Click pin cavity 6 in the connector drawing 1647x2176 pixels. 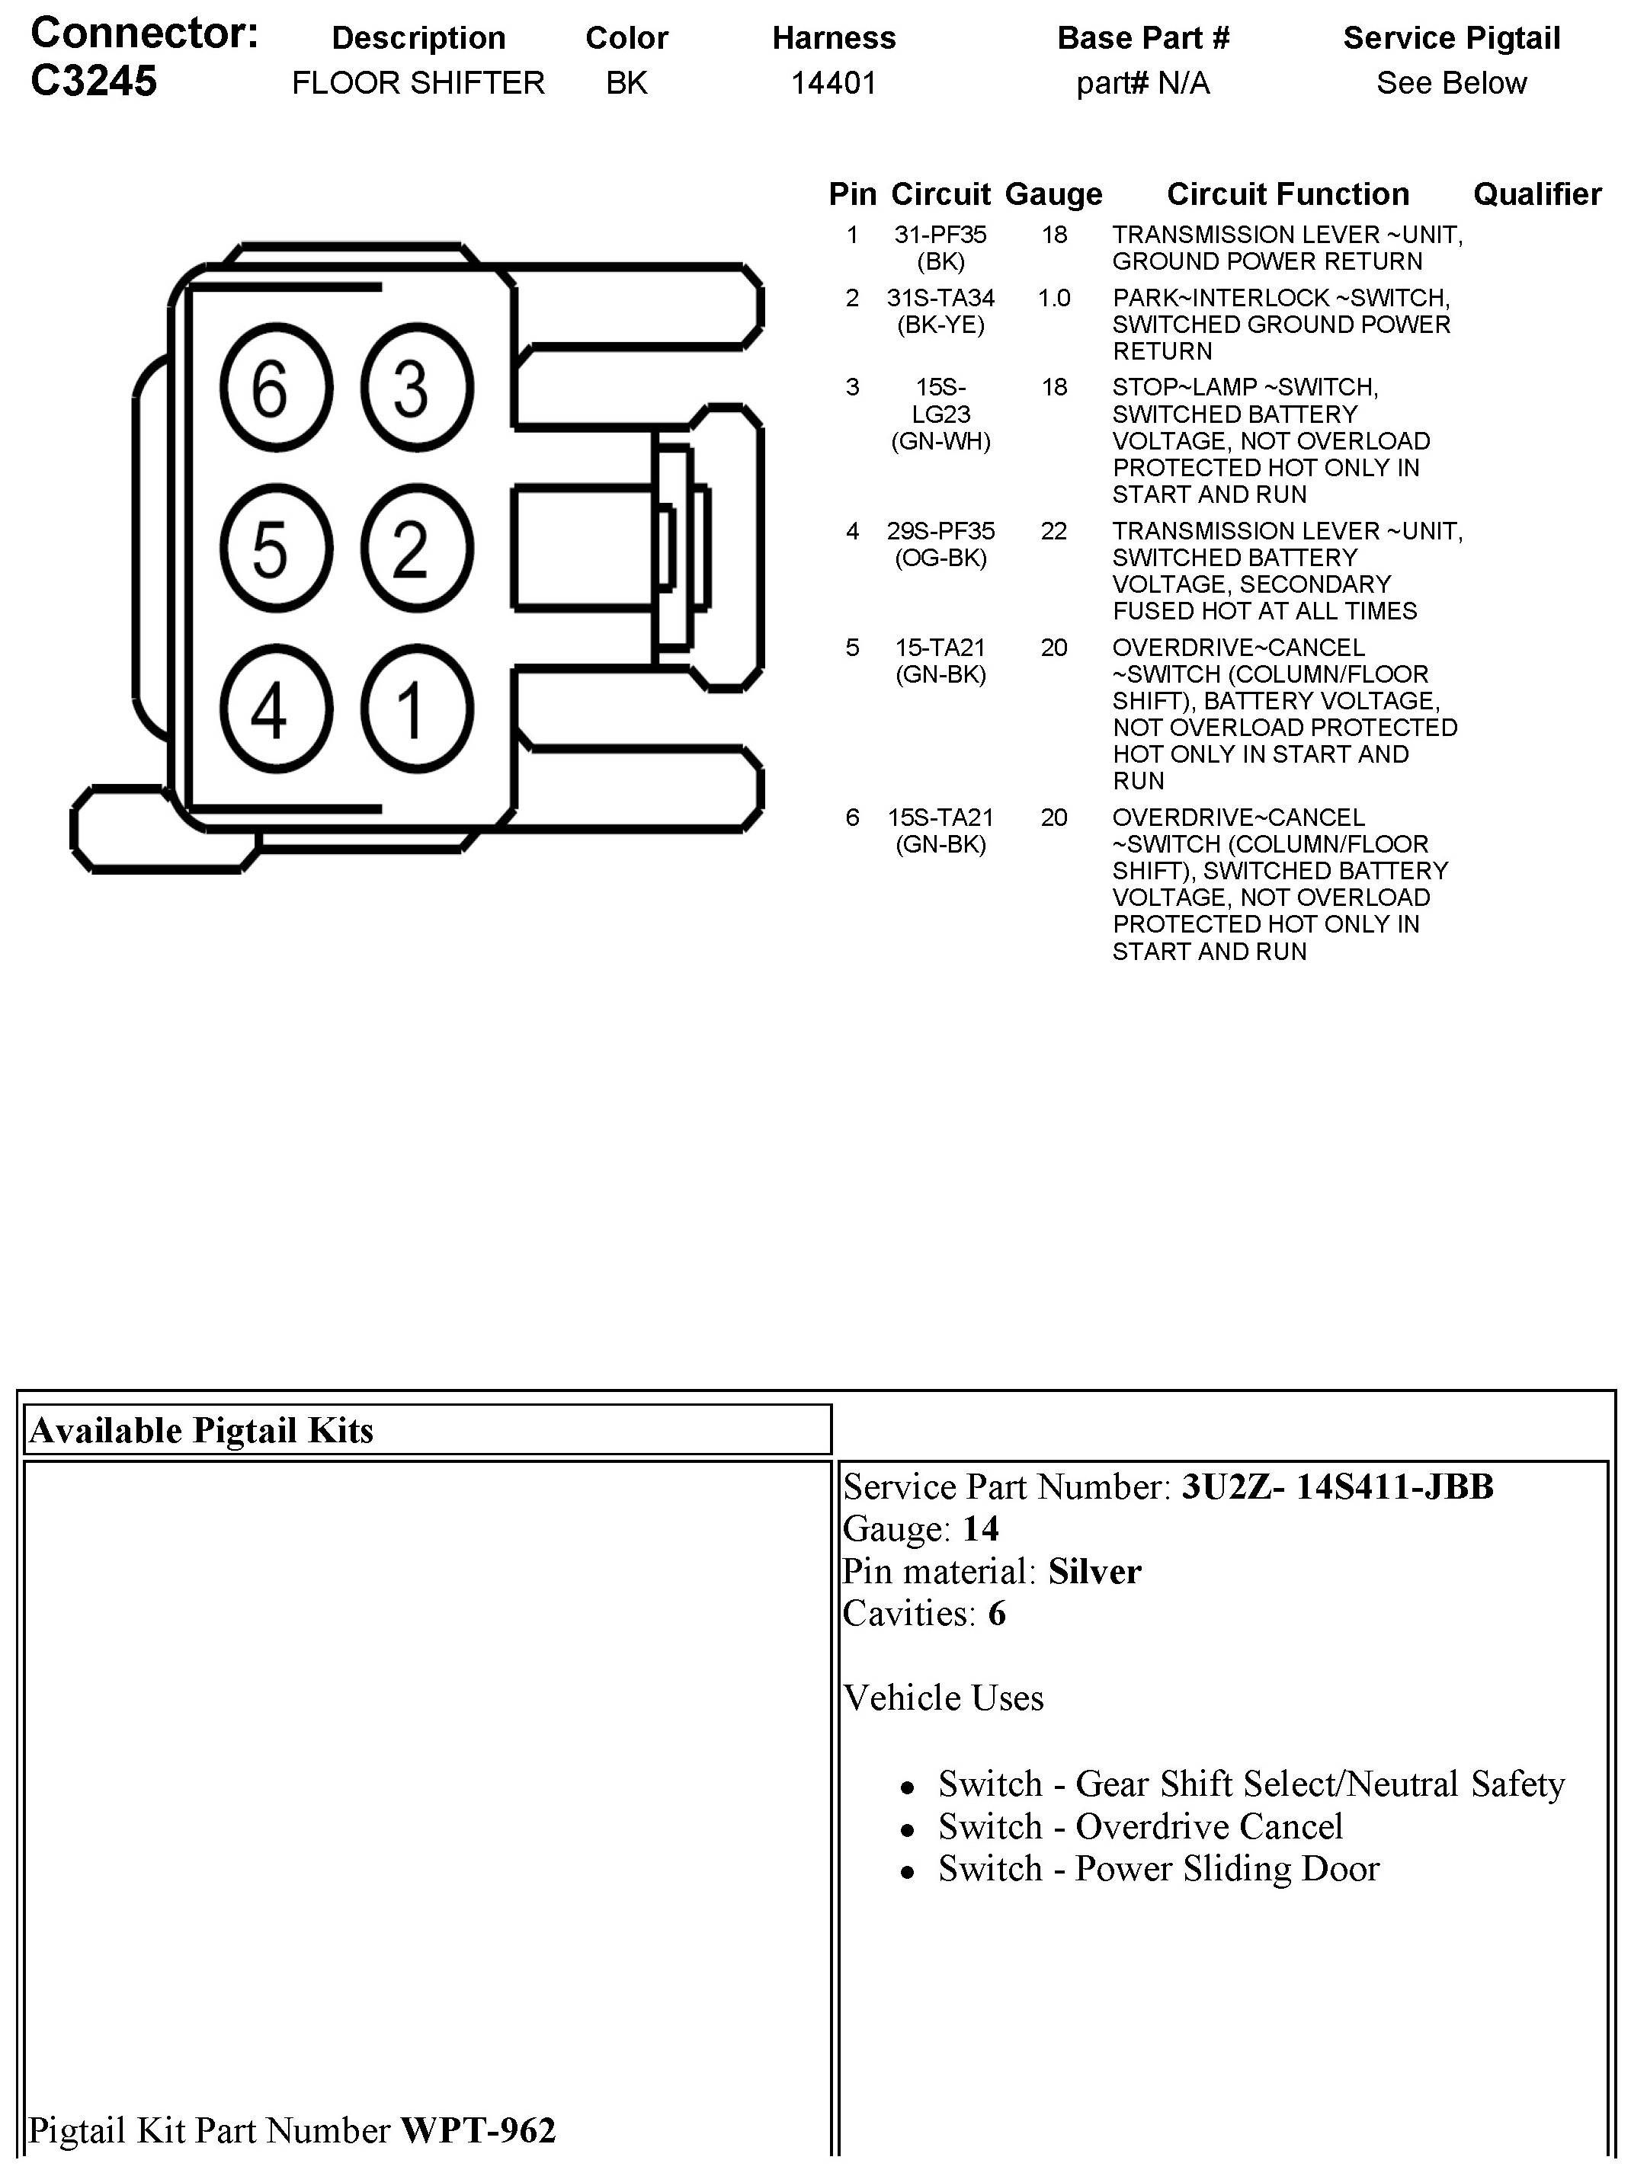(275, 388)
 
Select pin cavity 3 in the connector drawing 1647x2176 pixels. (416, 388)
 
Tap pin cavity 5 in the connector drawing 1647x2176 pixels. (275, 548)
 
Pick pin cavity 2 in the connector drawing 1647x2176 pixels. (416, 548)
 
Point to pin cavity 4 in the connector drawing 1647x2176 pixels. (275, 709)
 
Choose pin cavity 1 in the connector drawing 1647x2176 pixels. (416, 709)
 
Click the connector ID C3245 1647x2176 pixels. (94, 81)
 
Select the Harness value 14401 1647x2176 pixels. (833, 82)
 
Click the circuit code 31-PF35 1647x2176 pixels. (940, 235)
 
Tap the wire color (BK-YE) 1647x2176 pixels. (940, 325)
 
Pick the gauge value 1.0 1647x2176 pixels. (1054, 298)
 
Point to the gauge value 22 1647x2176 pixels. (1054, 531)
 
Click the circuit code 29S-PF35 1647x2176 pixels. (940, 531)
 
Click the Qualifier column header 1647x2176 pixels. (1536, 194)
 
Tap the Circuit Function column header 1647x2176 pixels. (1287, 194)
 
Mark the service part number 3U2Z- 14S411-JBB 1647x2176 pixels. (1337, 1486)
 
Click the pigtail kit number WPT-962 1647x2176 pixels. (478, 2130)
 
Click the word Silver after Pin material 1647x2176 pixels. (1094, 1571)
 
